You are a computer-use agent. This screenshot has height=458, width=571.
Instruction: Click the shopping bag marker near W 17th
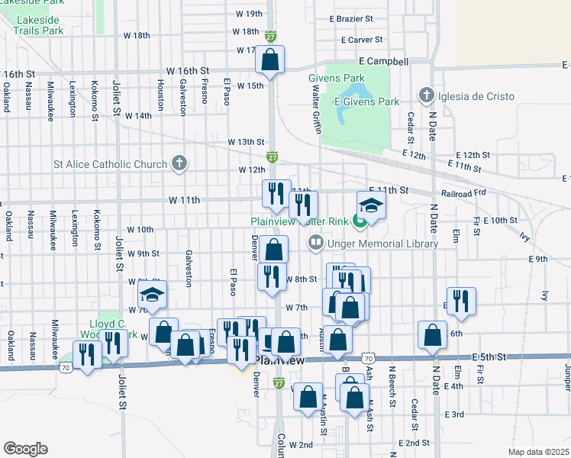(270, 60)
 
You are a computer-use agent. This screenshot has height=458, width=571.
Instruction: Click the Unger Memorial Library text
(382, 244)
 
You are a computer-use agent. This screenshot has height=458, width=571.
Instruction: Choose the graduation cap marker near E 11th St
(371, 205)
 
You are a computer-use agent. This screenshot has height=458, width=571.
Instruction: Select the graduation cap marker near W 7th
(152, 295)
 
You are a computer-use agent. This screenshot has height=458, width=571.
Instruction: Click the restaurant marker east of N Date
(461, 300)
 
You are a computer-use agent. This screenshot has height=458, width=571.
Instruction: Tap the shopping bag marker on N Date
(432, 335)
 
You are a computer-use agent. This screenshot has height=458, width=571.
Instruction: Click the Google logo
(25, 448)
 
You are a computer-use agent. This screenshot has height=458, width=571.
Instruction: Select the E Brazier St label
(351, 18)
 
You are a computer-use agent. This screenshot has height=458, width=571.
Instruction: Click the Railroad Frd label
(463, 193)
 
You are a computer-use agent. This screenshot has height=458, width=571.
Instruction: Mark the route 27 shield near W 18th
(271, 36)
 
